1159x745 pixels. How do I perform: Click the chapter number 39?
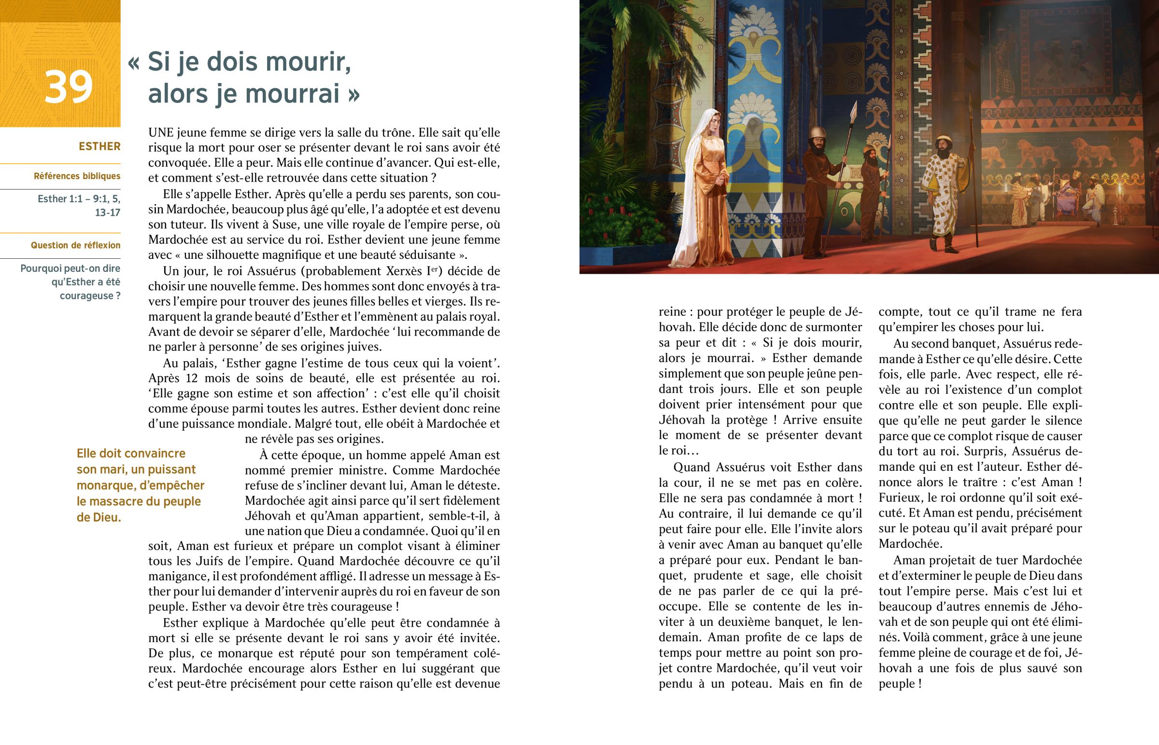coord(68,87)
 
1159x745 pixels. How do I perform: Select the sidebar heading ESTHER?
coord(99,146)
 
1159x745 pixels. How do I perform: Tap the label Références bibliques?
coord(77,176)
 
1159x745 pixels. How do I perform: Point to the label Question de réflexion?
coord(75,245)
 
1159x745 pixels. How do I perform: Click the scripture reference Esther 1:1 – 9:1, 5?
coord(79,199)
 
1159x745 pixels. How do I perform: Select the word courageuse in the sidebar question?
coord(86,295)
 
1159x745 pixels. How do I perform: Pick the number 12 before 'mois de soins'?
coord(192,378)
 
